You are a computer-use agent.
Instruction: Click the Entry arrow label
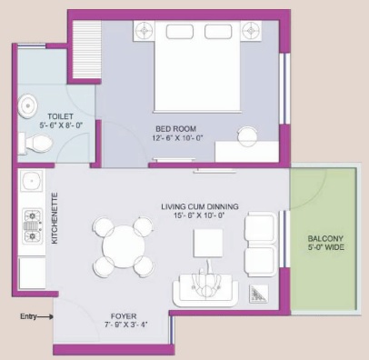(x=28, y=316)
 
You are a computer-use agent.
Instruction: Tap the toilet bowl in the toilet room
(x=35, y=144)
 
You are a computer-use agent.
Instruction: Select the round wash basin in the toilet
(x=27, y=106)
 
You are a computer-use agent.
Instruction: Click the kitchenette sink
(x=31, y=181)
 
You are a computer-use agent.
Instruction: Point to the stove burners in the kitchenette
(x=33, y=226)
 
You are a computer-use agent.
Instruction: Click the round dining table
(x=124, y=246)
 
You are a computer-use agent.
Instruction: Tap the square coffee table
(x=208, y=243)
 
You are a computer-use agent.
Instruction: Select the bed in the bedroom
(x=197, y=66)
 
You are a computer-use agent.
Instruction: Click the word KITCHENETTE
(x=55, y=218)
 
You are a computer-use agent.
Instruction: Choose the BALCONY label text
(x=325, y=238)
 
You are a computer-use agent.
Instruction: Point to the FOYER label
(x=124, y=316)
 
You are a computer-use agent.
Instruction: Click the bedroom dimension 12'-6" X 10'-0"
(x=177, y=138)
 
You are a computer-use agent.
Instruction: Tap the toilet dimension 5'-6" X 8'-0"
(x=61, y=125)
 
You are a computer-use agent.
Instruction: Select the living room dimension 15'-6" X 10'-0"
(x=199, y=215)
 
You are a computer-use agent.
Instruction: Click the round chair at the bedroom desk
(x=247, y=136)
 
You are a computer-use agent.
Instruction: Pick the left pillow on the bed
(x=180, y=32)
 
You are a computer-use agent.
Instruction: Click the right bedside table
(x=251, y=31)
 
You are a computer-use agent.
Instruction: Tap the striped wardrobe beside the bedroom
(x=86, y=50)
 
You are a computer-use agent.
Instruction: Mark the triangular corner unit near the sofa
(x=259, y=294)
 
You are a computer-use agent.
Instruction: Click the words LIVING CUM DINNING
(x=200, y=206)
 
